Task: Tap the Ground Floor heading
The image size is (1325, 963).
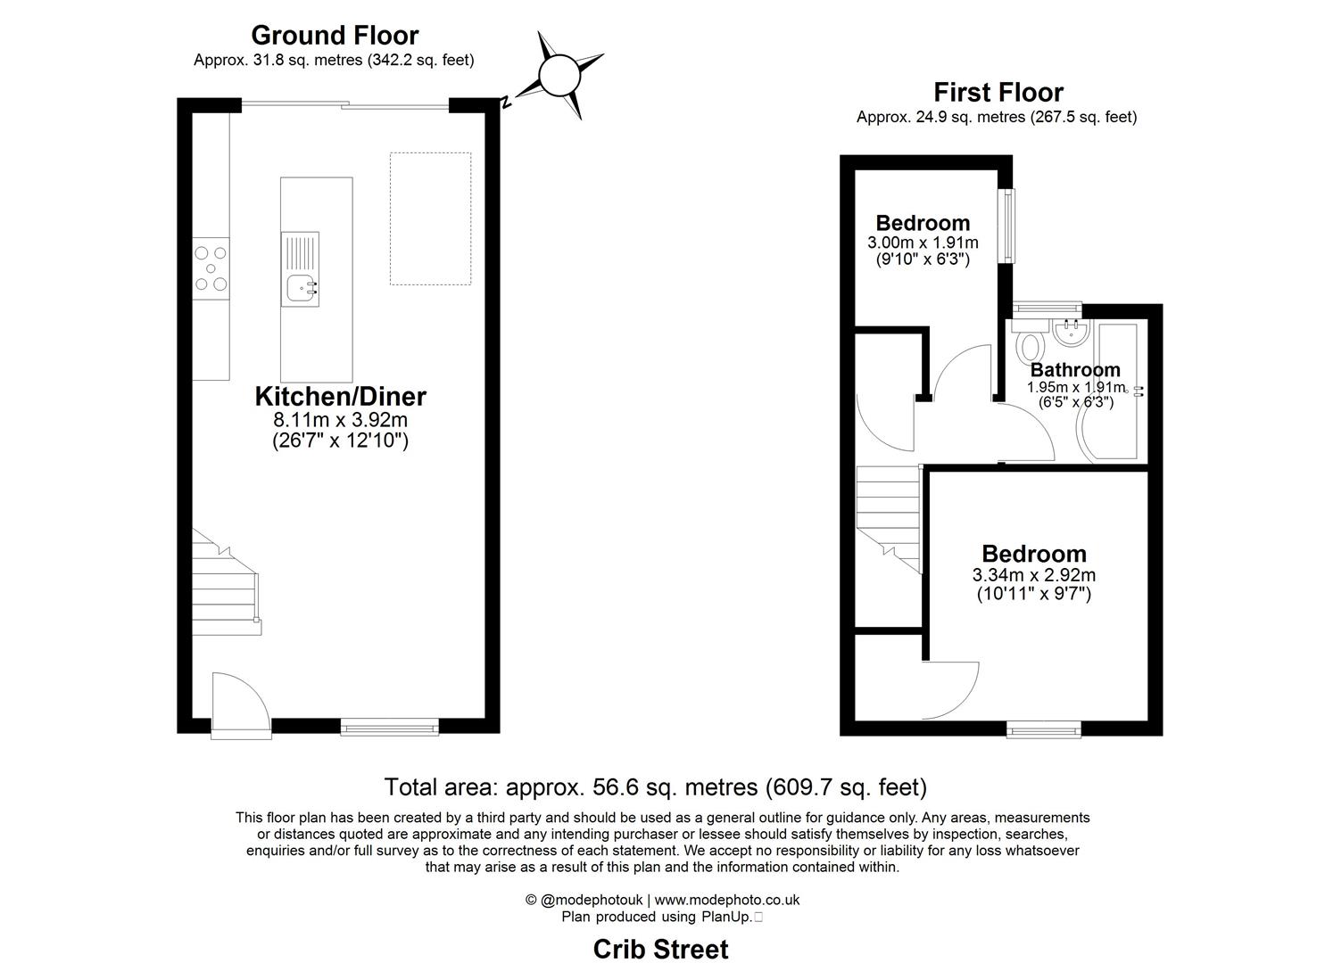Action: pos(335,35)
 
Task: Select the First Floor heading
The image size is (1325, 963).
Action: pos(998,92)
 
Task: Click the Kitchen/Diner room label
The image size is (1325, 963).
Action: pos(340,397)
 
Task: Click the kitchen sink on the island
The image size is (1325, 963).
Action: pos(300,287)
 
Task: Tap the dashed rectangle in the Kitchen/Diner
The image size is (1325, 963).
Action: pos(430,218)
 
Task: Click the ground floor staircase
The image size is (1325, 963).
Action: pos(225,580)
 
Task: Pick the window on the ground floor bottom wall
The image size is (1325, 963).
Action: pos(390,728)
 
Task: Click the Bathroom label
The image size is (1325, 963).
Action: pos(1074,369)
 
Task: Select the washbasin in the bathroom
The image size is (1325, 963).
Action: pos(1069,333)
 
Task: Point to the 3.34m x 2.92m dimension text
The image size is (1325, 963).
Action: pos(1033,575)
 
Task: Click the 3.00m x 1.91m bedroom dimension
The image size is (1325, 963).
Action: pos(922,243)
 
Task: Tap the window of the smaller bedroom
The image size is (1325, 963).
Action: pos(1007,226)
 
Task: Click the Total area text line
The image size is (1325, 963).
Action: pos(655,787)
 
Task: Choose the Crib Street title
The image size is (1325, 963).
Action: pos(660,949)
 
